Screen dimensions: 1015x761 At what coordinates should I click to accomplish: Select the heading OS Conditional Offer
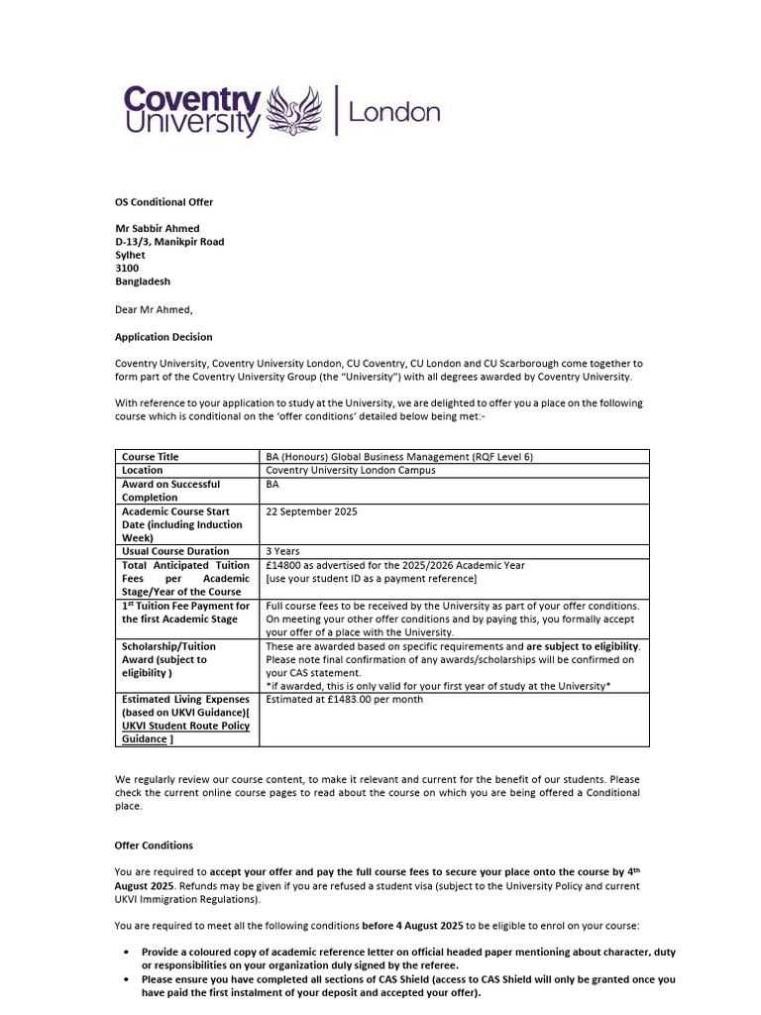tap(163, 202)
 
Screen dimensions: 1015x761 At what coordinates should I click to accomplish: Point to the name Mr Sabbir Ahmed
tap(157, 229)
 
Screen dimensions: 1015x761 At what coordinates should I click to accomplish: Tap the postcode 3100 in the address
tap(127, 268)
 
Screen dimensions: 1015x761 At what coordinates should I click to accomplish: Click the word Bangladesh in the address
tap(143, 282)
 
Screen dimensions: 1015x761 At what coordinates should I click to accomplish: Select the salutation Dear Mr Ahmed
tap(154, 309)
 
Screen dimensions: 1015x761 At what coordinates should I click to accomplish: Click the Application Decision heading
tap(163, 337)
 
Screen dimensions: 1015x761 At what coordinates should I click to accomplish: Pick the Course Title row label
tap(151, 457)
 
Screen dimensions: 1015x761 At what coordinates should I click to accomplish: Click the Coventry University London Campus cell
tap(351, 470)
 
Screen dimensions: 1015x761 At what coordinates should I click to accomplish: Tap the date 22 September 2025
tap(312, 511)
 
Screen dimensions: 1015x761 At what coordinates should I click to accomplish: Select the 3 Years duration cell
tap(285, 551)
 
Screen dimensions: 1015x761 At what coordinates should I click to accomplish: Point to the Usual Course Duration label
tap(175, 551)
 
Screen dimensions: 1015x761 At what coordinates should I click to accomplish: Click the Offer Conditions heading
tap(154, 846)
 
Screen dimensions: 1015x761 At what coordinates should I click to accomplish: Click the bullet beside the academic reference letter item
tap(127, 952)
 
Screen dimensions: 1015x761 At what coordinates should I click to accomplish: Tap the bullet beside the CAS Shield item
tap(127, 978)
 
